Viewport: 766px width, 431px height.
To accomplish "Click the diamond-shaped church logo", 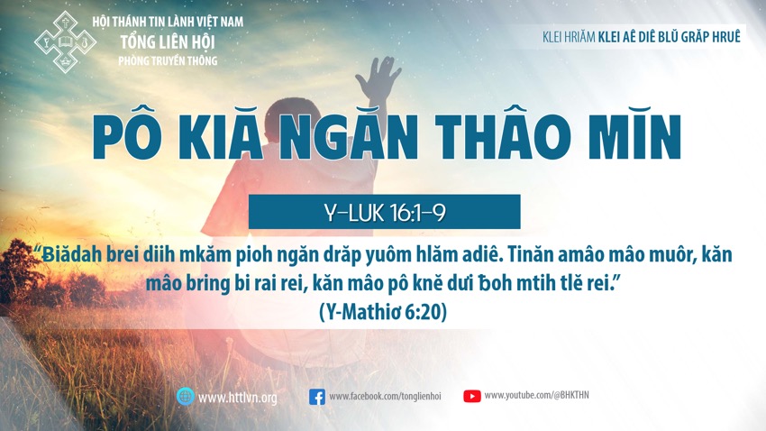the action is click(65, 42).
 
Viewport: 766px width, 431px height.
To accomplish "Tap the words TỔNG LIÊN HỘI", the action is click(168, 42).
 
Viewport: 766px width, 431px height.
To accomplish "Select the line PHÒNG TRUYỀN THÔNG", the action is click(168, 60).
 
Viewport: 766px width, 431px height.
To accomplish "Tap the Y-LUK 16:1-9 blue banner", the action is click(385, 212).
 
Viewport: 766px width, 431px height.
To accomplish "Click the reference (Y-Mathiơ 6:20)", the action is click(383, 311).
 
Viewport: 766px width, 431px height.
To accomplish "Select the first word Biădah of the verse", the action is click(72, 254).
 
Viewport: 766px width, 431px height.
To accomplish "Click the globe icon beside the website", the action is click(186, 397).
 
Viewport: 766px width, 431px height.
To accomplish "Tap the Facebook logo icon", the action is click(317, 397).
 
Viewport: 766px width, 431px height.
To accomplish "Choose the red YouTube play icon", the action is click(472, 396).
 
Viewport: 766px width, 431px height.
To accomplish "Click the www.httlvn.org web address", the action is click(237, 398).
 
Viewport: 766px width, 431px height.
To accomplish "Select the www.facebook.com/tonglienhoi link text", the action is click(385, 397).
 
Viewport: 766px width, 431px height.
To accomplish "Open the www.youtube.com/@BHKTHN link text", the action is click(536, 395).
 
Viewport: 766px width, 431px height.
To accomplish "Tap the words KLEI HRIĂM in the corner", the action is click(569, 37).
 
